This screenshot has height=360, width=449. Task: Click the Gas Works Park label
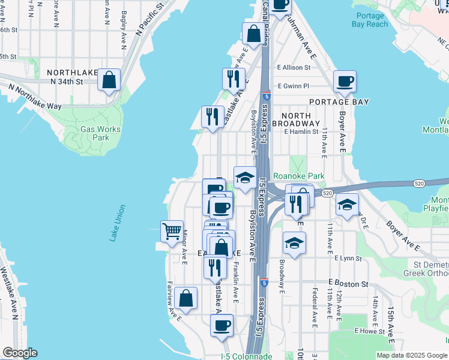pos(101,133)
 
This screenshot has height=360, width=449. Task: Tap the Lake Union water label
pos(118,223)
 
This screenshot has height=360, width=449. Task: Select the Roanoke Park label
pos(298,176)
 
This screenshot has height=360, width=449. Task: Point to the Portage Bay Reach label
pos(372,20)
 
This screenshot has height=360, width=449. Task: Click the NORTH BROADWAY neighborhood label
pos(292,119)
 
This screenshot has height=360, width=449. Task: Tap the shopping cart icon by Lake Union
pos(172,230)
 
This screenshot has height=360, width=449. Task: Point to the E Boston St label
pos(348,283)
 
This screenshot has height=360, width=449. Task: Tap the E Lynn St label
pos(348,259)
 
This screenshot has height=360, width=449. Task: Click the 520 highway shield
pos(327,193)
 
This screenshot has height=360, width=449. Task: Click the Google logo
pos(20,353)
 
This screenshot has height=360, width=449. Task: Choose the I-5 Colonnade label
pos(246,356)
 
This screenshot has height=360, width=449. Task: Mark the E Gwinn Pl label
pos(293,86)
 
